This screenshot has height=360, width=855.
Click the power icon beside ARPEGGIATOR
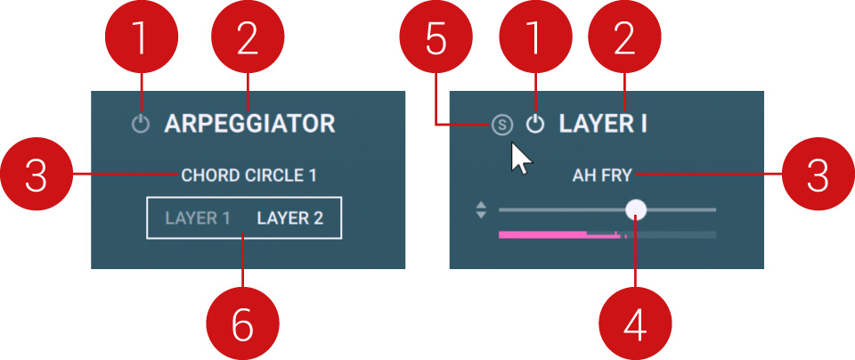(x=141, y=125)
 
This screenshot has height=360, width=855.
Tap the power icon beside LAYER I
(x=535, y=125)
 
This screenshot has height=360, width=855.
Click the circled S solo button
(x=502, y=125)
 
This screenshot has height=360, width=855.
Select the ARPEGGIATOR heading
(x=249, y=124)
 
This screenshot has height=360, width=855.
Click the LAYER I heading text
(x=603, y=124)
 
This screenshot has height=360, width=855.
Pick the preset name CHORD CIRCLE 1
(x=248, y=176)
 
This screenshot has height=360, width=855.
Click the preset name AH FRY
(x=602, y=176)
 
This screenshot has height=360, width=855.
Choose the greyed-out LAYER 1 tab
(x=198, y=218)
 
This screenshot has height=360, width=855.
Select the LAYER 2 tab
(x=290, y=218)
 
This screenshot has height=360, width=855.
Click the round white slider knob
(x=635, y=209)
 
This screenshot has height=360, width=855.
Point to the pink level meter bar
(x=560, y=234)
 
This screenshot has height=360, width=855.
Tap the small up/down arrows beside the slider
(x=481, y=210)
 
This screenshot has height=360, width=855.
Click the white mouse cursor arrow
(x=519, y=159)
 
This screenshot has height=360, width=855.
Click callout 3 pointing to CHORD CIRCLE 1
(x=37, y=175)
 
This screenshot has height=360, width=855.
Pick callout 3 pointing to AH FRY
(x=818, y=175)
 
